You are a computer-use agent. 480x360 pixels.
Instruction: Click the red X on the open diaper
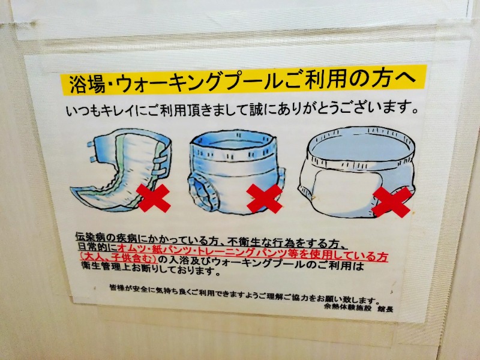coord(153,197)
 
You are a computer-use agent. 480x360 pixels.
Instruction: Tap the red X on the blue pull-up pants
coord(264,198)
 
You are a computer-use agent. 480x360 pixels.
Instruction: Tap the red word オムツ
coord(131,247)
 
